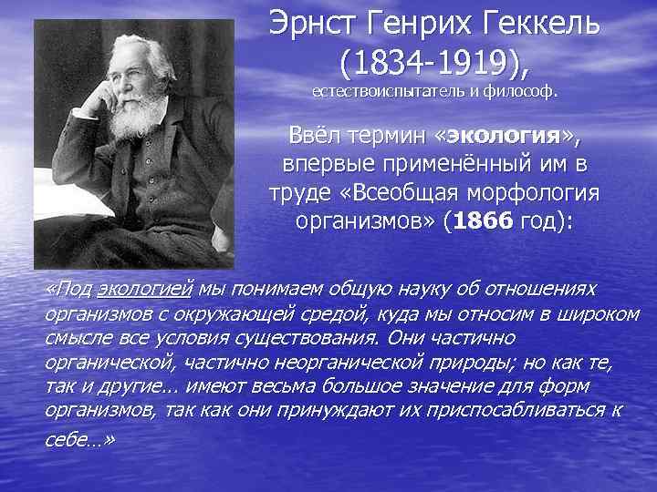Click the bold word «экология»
coord(506,137)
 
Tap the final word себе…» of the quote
coord(79,437)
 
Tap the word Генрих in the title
coord(423,24)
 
